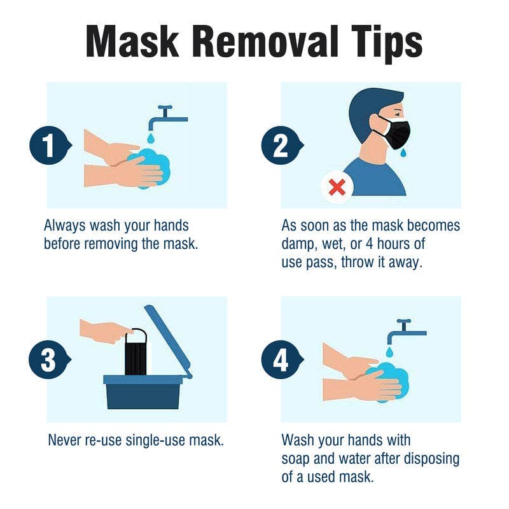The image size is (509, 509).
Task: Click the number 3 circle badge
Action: (x=48, y=361)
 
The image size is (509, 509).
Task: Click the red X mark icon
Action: (x=337, y=186)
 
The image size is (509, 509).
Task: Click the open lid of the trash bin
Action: (x=169, y=340)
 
